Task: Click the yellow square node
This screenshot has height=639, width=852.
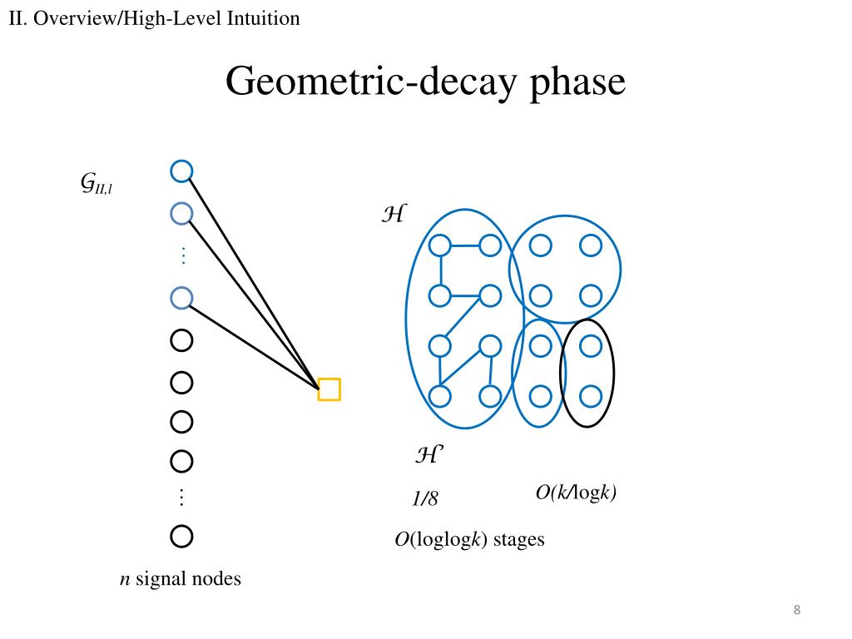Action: click(x=329, y=389)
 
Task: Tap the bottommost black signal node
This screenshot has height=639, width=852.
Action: click(x=181, y=537)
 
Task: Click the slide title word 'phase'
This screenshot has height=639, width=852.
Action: click(x=577, y=82)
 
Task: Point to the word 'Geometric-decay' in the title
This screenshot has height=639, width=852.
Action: click(x=371, y=82)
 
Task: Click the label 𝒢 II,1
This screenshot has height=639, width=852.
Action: click(x=97, y=183)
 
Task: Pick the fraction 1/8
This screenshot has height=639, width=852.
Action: click(x=425, y=498)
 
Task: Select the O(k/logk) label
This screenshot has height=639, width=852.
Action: click(x=576, y=493)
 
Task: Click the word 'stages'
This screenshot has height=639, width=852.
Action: click(x=519, y=539)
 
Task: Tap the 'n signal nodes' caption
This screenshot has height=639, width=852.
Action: click(x=181, y=579)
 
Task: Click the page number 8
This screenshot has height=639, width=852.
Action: click(x=797, y=610)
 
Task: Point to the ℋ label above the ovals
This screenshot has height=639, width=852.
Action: click(x=394, y=214)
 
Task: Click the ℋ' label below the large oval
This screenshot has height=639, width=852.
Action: click(x=429, y=454)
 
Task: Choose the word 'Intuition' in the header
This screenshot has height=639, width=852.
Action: click(x=263, y=18)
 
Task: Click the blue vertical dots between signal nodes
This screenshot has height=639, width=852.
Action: click(x=184, y=255)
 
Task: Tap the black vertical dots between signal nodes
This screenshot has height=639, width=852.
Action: click(x=181, y=498)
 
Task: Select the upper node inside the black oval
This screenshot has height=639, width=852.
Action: click(x=591, y=345)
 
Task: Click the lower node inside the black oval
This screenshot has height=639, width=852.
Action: click(x=591, y=396)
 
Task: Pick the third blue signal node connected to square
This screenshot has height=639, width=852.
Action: click(x=181, y=298)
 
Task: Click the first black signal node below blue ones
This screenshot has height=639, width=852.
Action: click(x=181, y=340)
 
